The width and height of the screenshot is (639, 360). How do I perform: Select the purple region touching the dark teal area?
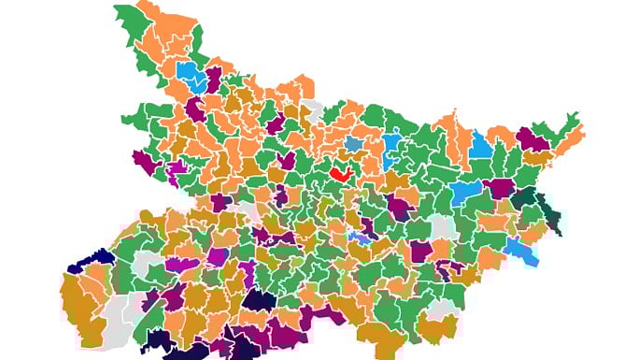(x=501, y=188)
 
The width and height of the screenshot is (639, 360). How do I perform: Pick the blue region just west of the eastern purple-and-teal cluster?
(x=466, y=193)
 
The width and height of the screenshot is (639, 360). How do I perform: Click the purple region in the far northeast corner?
(x=532, y=138)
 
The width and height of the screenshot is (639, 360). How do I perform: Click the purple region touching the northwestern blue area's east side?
(x=214, y=79)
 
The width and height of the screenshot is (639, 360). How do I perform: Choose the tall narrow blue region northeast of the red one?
(x=391, y=149)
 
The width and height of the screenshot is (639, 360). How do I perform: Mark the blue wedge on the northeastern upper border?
(x=480, y=145)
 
